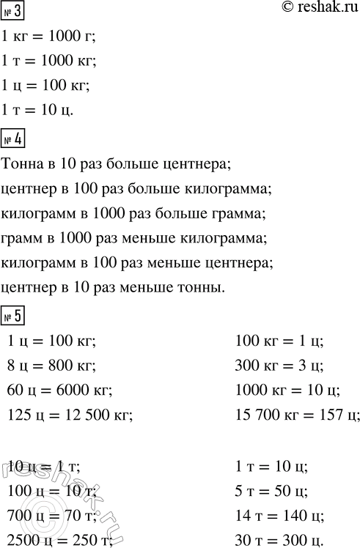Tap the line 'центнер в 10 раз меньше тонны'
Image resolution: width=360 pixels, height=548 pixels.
(112, 288)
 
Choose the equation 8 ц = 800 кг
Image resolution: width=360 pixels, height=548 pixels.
(51, 365)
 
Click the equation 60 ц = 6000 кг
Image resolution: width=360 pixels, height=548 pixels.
(59, 390)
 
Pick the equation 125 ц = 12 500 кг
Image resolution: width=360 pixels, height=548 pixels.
(70, 415)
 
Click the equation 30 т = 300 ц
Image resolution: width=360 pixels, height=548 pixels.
(279, 541)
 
